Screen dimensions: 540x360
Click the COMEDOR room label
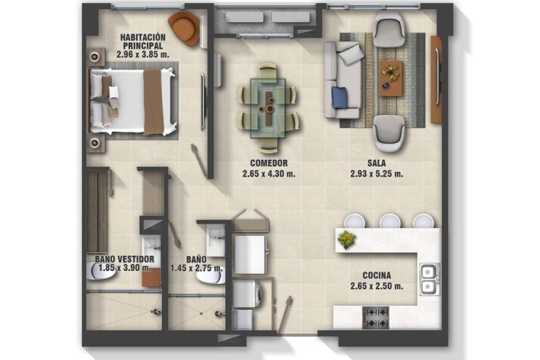point(268,163)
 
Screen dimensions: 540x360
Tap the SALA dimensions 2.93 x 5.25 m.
point(376,174)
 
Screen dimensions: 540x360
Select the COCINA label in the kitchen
point(376,276)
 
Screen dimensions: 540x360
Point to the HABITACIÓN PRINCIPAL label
point(142,41)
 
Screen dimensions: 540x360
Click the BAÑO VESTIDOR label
point(125,259)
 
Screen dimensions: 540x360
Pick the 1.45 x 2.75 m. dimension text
point(196,268)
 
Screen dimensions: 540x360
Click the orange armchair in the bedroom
point(184,28)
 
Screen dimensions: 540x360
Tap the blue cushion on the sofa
point(339,97)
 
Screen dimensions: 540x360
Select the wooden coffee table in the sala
point(390,78)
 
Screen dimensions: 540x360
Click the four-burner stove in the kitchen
point(376,317)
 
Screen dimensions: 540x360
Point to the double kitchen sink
point(430,279)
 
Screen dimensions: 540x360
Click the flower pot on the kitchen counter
point(347,239)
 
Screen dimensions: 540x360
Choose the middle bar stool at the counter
point(390,221)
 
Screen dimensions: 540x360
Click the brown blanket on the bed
point(154,102)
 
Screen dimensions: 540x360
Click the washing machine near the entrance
point(247,293)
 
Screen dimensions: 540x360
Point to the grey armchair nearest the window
point(389,29)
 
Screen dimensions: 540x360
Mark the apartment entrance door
point(284,314)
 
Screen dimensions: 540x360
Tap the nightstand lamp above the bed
point(95,57)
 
